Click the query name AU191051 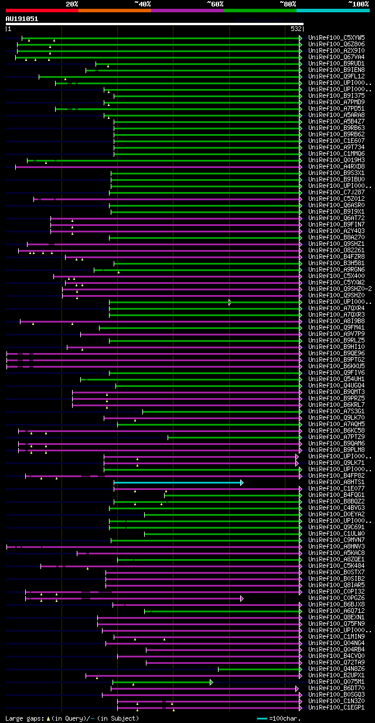point(22,19)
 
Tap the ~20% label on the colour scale point(71,4)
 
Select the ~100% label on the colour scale point(358,4)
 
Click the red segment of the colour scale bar point(42,10)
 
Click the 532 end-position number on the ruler point(296,29)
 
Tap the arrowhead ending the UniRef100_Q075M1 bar point(212,682)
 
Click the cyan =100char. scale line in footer point(262,718)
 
